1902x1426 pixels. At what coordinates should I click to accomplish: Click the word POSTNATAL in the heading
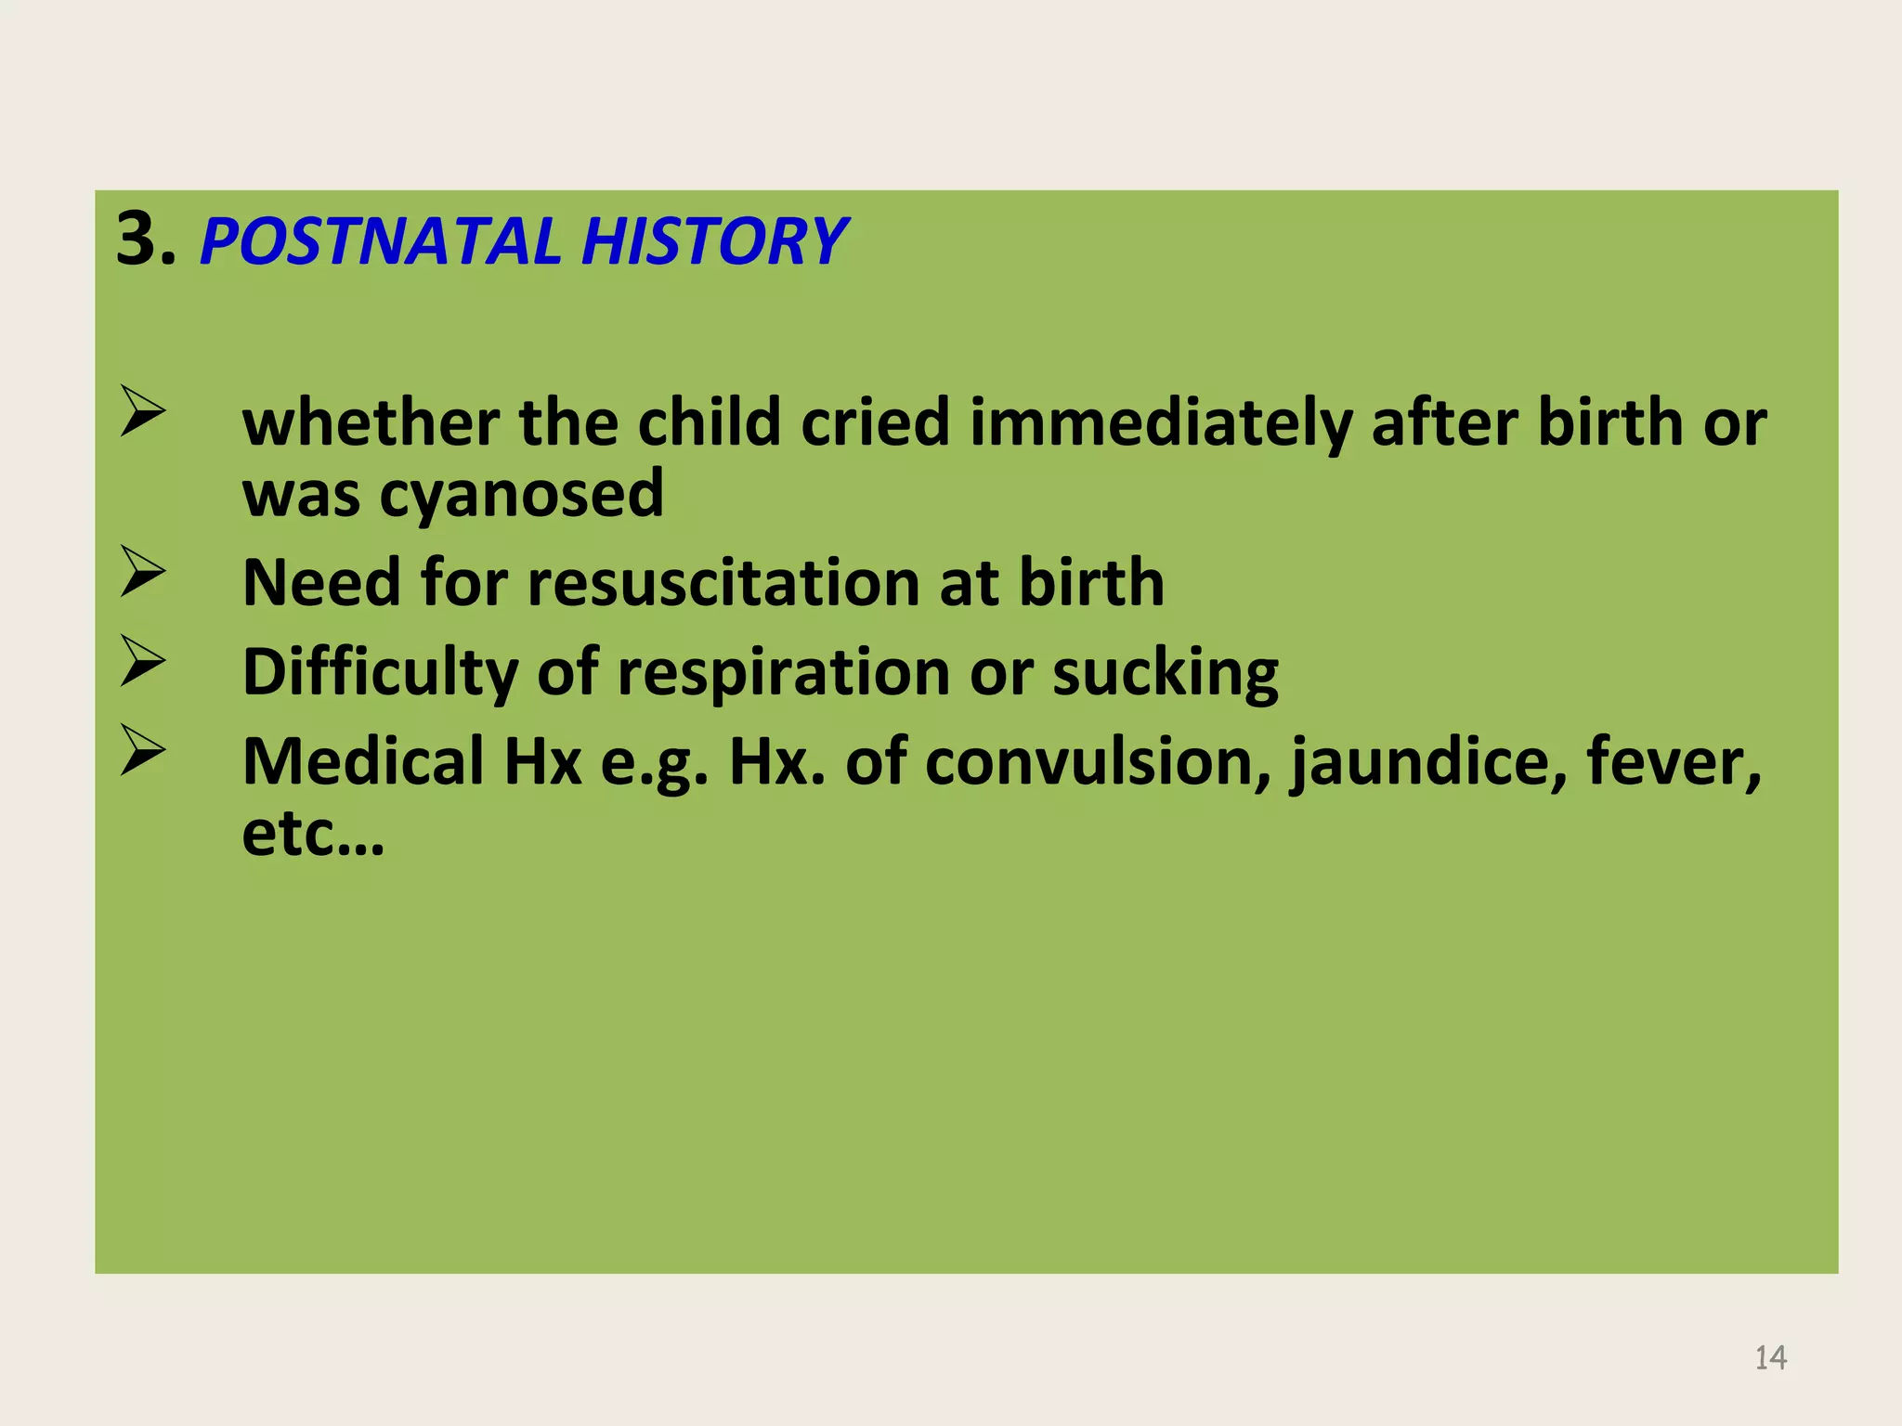(x=380, y=241)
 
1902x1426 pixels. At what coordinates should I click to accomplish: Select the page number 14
(x=1770, y=1358)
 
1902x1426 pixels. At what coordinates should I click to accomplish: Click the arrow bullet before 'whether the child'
(x=142, y=413)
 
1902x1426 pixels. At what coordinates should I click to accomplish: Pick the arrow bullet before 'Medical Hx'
(x=142, y=751)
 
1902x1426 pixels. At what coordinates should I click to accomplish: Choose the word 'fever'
(x=1673, y=762)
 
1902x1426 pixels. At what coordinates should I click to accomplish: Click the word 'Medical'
(x=363, y=762)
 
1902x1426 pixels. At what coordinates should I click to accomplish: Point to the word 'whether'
(x=371, y=423)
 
